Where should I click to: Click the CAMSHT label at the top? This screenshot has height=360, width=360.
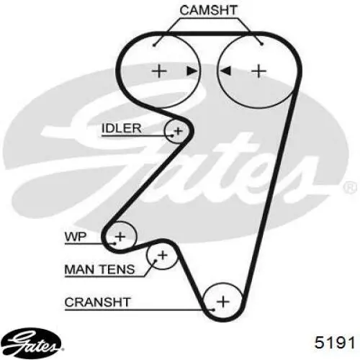209,11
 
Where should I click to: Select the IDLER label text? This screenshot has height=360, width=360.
122,128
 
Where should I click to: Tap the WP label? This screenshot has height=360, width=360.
76,237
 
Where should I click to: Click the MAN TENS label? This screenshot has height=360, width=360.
99,269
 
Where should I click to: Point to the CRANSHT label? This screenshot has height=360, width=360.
97,302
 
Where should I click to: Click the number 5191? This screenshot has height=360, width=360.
335,342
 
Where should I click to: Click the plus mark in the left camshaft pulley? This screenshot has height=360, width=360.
159,71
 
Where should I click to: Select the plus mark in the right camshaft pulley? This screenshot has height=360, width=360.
258,71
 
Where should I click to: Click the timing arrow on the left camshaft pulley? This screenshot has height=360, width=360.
192,71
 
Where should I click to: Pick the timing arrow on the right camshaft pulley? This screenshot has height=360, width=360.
225,71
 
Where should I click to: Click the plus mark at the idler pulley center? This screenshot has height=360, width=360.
179,131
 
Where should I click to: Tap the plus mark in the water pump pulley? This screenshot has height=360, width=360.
120,237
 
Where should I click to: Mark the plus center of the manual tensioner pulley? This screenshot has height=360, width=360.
163,255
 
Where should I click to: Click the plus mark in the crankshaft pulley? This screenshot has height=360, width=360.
223,302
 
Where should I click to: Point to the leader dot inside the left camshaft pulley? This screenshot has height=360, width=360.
154,45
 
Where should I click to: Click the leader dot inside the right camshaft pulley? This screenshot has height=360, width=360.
262,44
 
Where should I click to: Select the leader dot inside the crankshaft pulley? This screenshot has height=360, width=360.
213,310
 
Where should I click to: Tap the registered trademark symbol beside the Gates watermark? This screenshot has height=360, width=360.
350,187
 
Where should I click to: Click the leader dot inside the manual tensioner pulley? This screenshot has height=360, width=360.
156,261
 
